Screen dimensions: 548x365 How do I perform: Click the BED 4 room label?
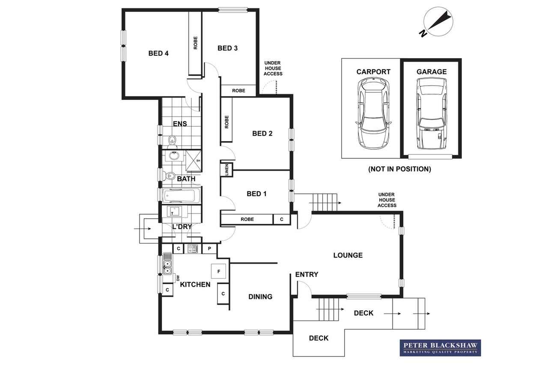coord(158,53)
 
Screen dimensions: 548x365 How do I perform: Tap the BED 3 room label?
coord(227,48)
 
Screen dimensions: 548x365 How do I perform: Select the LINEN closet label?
coord(226,169)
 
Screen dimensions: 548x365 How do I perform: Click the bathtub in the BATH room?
coord(181,196)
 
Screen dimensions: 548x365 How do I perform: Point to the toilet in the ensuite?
coord(173,142)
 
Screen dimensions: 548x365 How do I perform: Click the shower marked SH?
coord(194,160)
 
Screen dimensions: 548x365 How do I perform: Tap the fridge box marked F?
coord(218,271)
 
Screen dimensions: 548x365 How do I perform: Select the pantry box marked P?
coord(209,249)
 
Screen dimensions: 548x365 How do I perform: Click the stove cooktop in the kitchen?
coord(193,249)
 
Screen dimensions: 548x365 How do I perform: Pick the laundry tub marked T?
coord(174,211)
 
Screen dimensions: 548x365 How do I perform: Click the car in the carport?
coord(373,113)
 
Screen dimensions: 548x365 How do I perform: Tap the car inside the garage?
coord(431,113)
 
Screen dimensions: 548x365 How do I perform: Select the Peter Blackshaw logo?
coord(441,347)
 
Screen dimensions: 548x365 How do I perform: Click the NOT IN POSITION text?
coord(400,169)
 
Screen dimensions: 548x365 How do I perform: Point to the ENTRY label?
coord(307,275)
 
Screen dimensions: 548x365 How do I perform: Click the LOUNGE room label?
coord(348,255)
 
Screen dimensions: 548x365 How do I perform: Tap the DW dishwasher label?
coord(178,278)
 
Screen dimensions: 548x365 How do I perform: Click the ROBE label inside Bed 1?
coord(247,219)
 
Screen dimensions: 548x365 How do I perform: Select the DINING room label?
coord(260,297)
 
